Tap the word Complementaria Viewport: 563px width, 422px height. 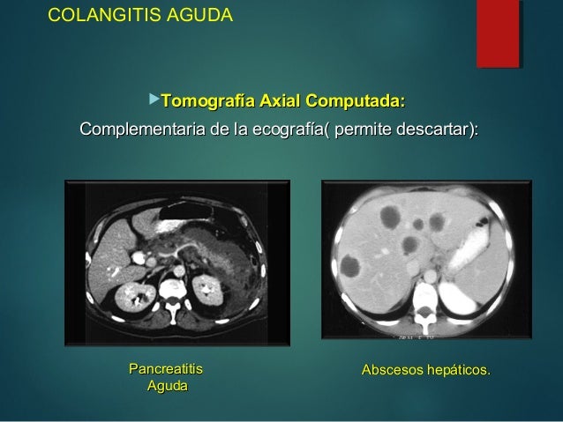pos(148,131)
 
